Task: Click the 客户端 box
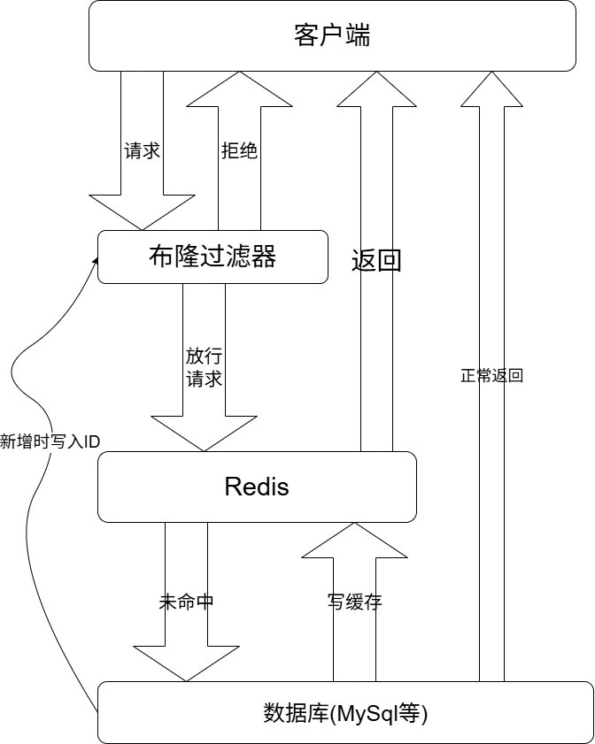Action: pos(332,35)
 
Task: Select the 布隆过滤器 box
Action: pos(212,257)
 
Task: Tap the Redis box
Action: pos(257,487)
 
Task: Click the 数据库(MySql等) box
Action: pos(345,712)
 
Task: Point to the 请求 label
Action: pos(142,150)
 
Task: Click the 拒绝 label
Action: pos(239,150)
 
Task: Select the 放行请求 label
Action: pos(204,367)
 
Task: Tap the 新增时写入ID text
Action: pos(50,441)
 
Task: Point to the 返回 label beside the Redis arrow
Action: pos(375,262)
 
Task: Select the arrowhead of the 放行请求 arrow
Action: pos(204,433)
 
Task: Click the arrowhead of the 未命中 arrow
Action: pos(187,663)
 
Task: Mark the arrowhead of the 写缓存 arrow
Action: pos(354,541)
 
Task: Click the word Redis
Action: pos(257,487)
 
